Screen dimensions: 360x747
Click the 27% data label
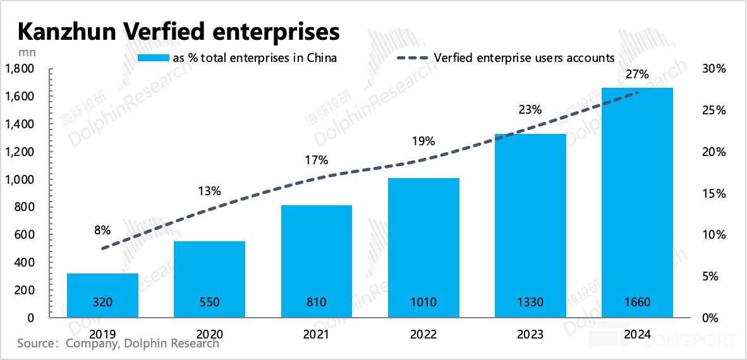[x=637, y=75]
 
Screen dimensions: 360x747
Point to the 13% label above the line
[x=209, y=191]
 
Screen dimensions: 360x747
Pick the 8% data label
[x=102, y=230]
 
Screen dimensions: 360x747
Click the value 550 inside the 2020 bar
[x=209, y=303]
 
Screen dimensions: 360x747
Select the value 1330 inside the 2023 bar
[x=530, y=303]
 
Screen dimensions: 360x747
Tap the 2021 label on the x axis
[x=316, y=334]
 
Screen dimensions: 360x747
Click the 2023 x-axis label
[x=530, y=334]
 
